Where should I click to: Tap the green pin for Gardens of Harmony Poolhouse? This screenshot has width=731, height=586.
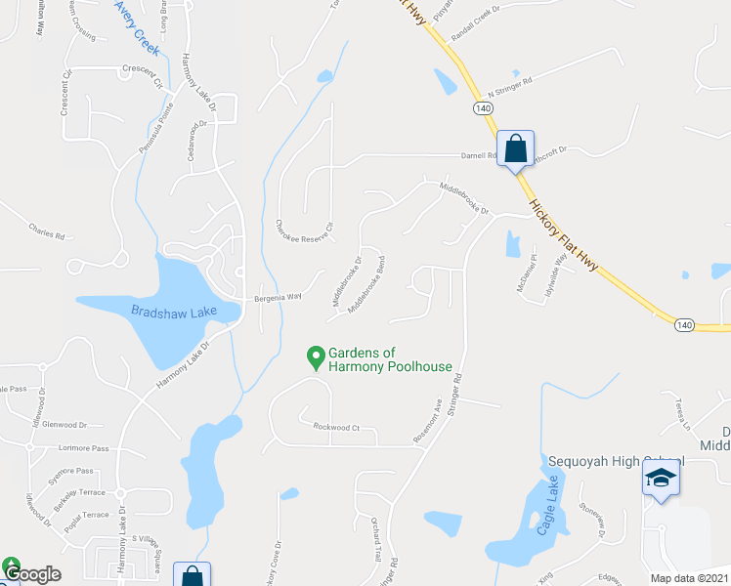[x=316, y=358]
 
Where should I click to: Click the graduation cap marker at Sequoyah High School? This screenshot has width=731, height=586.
[x=661, y=480]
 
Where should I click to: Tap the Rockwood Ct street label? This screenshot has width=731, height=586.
[x=337, y=427]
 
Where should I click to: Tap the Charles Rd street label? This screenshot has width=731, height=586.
[x=46, y=235]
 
